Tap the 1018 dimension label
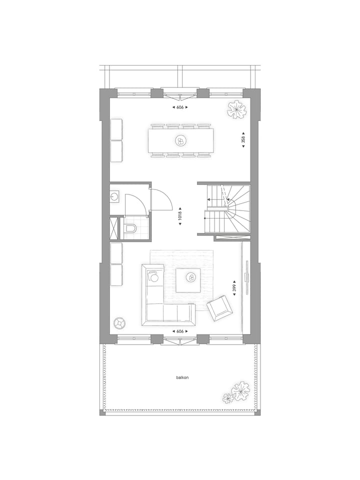[x=180, y=217]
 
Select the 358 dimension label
[x=243, y=140]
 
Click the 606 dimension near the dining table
[x=180, y=107]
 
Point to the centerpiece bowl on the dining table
[x=180, y=141]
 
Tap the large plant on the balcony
[x=240, y=389]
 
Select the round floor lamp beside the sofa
[x=119, y=322]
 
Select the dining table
[x=180, y=141]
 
